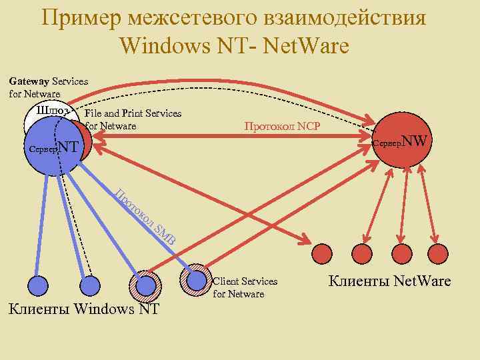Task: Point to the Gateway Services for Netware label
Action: (x=48, y=87)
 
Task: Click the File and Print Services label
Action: (x=133, y=119)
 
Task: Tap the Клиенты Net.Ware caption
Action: (x=389, y=281)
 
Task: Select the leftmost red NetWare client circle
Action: (x=323, y=253)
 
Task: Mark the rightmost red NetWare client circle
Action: (x=441, y=253)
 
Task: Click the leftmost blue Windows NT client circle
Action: (x=30, y=285)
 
